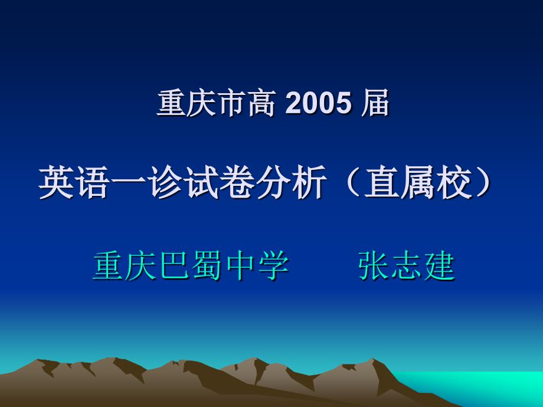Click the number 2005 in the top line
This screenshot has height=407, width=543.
pyautogui.click(x=318, y=103)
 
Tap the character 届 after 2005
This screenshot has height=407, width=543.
pyautogui.click(x=375, y=103)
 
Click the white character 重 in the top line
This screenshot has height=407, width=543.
pyautogui.click(x=171, y=103)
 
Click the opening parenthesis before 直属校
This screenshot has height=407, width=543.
pyautogui.click(x=353, y=182)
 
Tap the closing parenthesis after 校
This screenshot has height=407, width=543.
pyautogui.click(x=483, y=182)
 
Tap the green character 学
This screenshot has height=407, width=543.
pyautogui.click(x=274, y=266)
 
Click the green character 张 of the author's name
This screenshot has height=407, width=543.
pyautogui.click(x=373, y=266)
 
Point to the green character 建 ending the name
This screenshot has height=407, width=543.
pyautogui.click(x=440, y=266)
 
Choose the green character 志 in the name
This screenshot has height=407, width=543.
pyautogui.click(x=407, y=266)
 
